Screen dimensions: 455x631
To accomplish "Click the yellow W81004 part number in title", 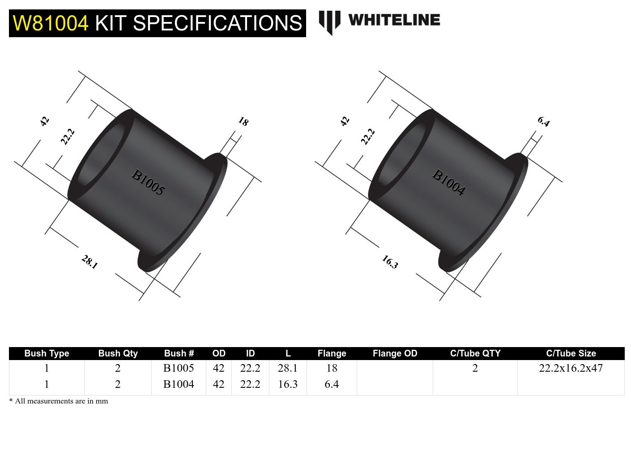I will (x=51, y=23).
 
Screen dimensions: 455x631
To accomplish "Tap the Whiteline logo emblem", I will (x=329, y=21).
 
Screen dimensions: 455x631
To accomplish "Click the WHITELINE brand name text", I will (x=394, y=20).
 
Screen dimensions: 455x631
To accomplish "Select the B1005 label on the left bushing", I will (x=148, y=182).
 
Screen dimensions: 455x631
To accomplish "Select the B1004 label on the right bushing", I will (x=449, y=182).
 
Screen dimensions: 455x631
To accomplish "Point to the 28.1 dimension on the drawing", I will (x=90, y=262).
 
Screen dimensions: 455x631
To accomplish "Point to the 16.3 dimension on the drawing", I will (x=390, y=262).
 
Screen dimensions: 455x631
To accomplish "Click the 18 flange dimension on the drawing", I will (x=243, y=121).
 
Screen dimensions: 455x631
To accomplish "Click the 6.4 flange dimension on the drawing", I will (x=544, y=121).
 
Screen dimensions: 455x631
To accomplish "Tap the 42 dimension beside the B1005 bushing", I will (x=44, y=121).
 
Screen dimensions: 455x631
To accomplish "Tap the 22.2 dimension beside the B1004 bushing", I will (x=368, y=137).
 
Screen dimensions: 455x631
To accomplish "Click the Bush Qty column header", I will (x=118, y=353).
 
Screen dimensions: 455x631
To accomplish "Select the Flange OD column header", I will (x=395, y=353).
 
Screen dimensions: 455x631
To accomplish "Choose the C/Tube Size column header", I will (x=571, y=353).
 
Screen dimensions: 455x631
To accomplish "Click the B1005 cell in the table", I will (x=179, y=368).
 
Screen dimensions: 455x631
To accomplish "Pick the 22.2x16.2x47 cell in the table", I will (x=571, y=368).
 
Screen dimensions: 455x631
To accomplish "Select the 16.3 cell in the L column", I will (x=288, y=384).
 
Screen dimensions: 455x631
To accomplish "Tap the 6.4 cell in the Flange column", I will (x=332, y=384).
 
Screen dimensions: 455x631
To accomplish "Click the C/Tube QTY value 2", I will (x=475, y=368).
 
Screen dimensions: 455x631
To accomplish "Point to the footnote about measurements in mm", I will (x=59, y=401).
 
